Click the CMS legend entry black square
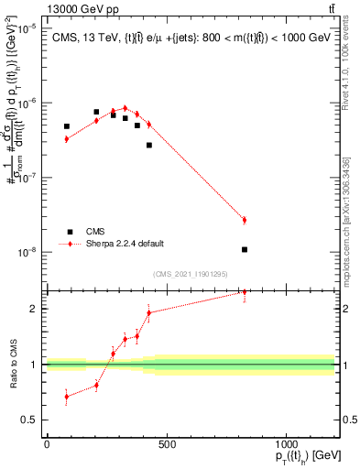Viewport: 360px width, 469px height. click(70, 232)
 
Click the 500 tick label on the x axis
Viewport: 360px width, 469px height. click(166, 444)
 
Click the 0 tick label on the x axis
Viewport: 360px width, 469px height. click(47, 444)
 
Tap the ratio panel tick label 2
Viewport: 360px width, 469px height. click(34, 309)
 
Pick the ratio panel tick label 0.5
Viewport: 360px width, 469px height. click(30, 421)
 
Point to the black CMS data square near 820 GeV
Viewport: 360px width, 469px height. click(245, 249)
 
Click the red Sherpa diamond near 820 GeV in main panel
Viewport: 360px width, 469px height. click(245, 220)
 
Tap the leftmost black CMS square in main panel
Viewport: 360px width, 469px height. click(66, 126)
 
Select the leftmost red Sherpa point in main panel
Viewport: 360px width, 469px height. click(66, 138)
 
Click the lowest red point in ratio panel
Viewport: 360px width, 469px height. click(66, 397)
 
